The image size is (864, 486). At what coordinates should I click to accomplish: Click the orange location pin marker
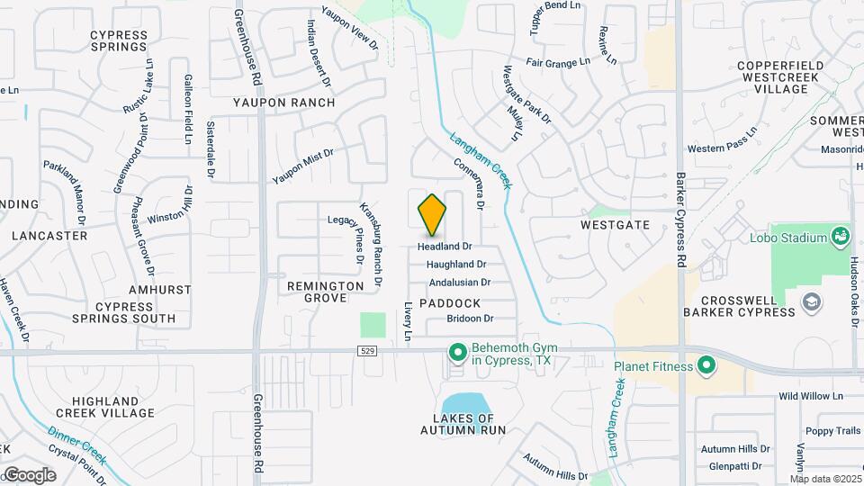(x=432, y=214)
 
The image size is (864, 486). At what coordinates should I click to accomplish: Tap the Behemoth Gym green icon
(x=457, y=351)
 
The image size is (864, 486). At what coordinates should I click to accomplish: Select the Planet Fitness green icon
(x=706, y=366)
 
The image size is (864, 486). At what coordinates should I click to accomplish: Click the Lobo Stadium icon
(x=841, y=237)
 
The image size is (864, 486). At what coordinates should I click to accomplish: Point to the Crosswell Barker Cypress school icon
(x=812, y=301)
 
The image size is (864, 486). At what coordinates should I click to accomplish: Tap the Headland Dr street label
(x=445, y=246)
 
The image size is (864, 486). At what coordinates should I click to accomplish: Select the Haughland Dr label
(x=456, y=265)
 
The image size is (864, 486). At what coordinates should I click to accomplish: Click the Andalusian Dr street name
(x=459, y=282)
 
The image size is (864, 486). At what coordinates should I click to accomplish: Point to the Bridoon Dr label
(x=470, y=319)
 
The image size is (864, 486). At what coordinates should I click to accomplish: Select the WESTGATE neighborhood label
(x=615, y=224)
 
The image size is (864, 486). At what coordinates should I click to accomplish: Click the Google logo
(x=30, y=474)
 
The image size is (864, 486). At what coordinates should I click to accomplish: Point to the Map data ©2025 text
(x=826, y=479)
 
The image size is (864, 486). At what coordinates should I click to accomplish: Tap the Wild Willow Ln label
(x=810, y=396)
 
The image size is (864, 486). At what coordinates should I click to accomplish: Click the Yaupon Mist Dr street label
(x=302, y=166)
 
